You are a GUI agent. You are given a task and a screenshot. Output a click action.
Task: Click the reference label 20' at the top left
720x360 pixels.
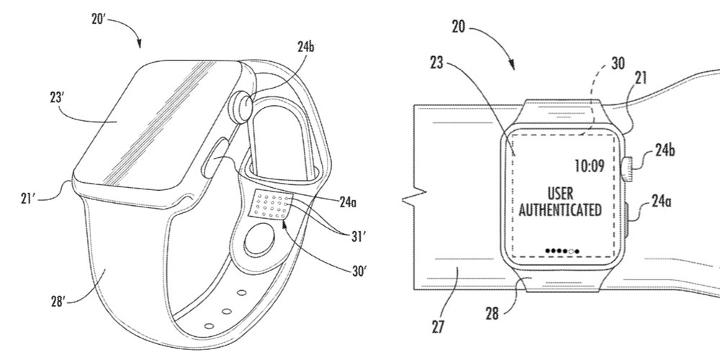tap(99, 20)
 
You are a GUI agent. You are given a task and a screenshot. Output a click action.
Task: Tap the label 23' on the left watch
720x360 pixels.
tap(56, 98)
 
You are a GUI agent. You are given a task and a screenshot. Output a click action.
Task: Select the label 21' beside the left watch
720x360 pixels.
tap(29, 199)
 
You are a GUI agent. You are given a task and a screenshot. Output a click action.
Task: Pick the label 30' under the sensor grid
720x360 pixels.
tap(359, 271)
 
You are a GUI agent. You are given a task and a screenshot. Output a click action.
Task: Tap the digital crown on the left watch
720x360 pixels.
tap(242, 103)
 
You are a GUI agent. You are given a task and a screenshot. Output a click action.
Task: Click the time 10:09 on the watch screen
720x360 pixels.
tap(590, 166)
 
